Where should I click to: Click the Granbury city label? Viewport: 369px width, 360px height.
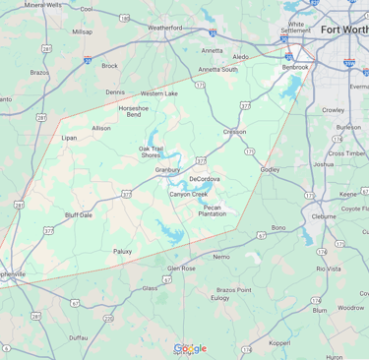coord(167,169)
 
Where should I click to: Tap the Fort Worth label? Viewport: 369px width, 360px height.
coord(339,30)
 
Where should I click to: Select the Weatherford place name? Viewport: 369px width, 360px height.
coord(164,28)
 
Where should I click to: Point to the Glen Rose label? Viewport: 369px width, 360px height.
coord(181,268)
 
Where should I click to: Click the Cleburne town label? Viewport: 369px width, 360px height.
coord(324,216)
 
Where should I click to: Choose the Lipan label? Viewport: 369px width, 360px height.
coord(68,138)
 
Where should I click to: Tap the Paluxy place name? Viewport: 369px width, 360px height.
coord(122,251)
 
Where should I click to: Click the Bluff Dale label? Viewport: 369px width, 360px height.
coord(78,213)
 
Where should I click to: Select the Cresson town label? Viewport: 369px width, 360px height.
coord(234,131)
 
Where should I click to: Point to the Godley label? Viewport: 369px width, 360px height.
coord(270,169)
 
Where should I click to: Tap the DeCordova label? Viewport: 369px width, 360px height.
coord(205,179)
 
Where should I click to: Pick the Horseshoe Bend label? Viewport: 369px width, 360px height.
coord(133,111)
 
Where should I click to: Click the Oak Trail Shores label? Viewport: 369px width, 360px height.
coord(151,151)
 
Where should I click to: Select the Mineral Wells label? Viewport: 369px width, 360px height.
coord(42,5)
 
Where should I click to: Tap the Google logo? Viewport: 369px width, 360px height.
coord(190,348)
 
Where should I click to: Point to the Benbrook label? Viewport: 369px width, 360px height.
coord(295,67)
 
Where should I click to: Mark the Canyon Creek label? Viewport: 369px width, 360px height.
coord(189,194)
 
